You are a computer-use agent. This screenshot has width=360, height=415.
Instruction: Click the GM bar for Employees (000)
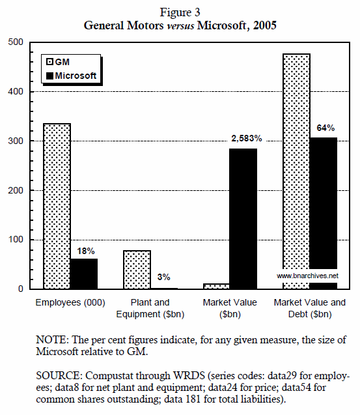click(x=57, y=205)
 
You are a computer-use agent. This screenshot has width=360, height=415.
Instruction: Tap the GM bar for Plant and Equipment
click(x=137, y=269)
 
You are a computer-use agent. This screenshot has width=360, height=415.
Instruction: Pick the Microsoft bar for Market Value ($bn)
click(x=243, y=218)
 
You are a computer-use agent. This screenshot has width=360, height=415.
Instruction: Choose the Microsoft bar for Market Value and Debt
click(x=324, y=202)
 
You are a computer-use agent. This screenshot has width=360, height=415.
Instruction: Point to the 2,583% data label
click(x=245, y=139)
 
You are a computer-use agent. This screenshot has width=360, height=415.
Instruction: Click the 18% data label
click(x=86, y=250)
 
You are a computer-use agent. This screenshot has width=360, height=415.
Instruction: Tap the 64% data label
click(x=325, y=128)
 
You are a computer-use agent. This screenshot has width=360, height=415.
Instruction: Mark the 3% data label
click(x=164, y=278)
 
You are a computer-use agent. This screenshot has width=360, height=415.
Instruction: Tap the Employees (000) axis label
click(x=70, y=302)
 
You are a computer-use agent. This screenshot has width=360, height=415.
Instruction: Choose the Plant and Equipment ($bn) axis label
click(x=150, y=308)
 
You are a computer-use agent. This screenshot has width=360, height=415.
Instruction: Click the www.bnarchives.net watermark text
click(x=307, y=276)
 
